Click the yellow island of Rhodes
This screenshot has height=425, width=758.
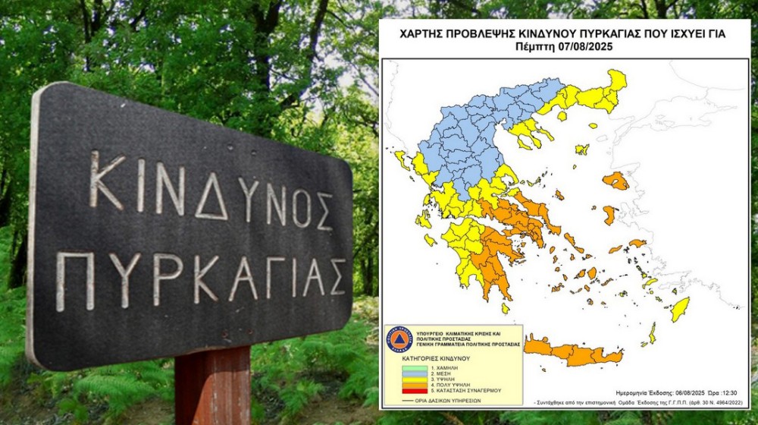[680, 308]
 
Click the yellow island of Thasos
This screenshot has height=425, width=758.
[562, 116]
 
